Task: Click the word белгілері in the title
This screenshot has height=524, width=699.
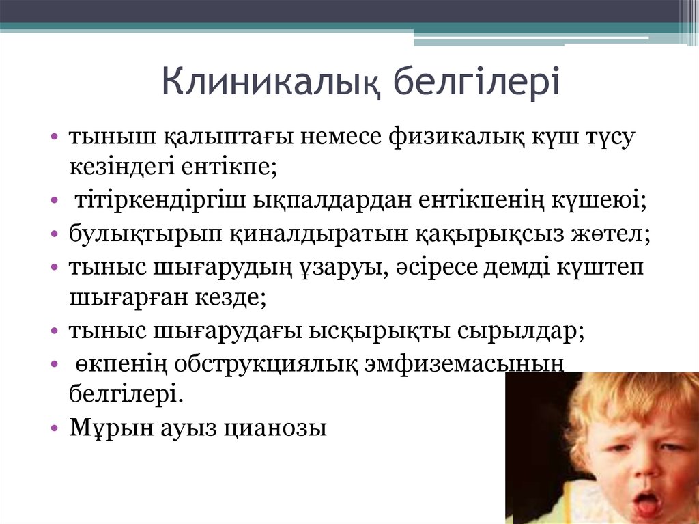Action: coord(477,81)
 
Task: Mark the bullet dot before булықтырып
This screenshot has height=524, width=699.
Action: coord(54,234)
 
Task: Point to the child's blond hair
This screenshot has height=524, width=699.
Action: coord(614,396)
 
